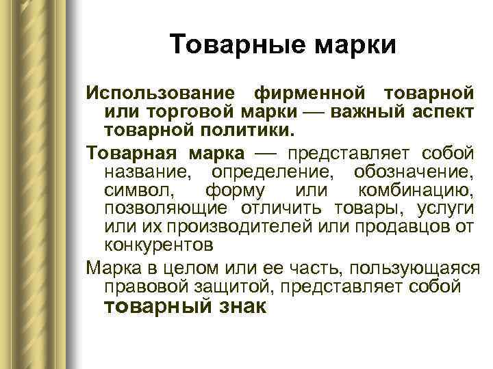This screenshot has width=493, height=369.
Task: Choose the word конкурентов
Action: pos(159,243)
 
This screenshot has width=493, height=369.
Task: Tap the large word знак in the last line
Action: pos(240,307)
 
